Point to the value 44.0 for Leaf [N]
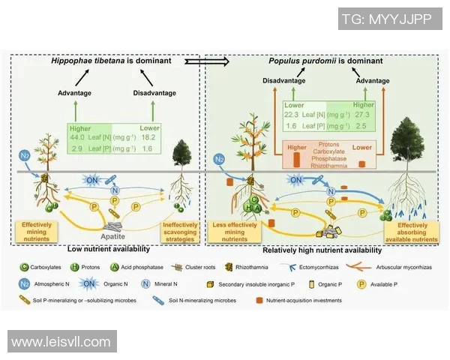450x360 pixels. pos(78,137)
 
